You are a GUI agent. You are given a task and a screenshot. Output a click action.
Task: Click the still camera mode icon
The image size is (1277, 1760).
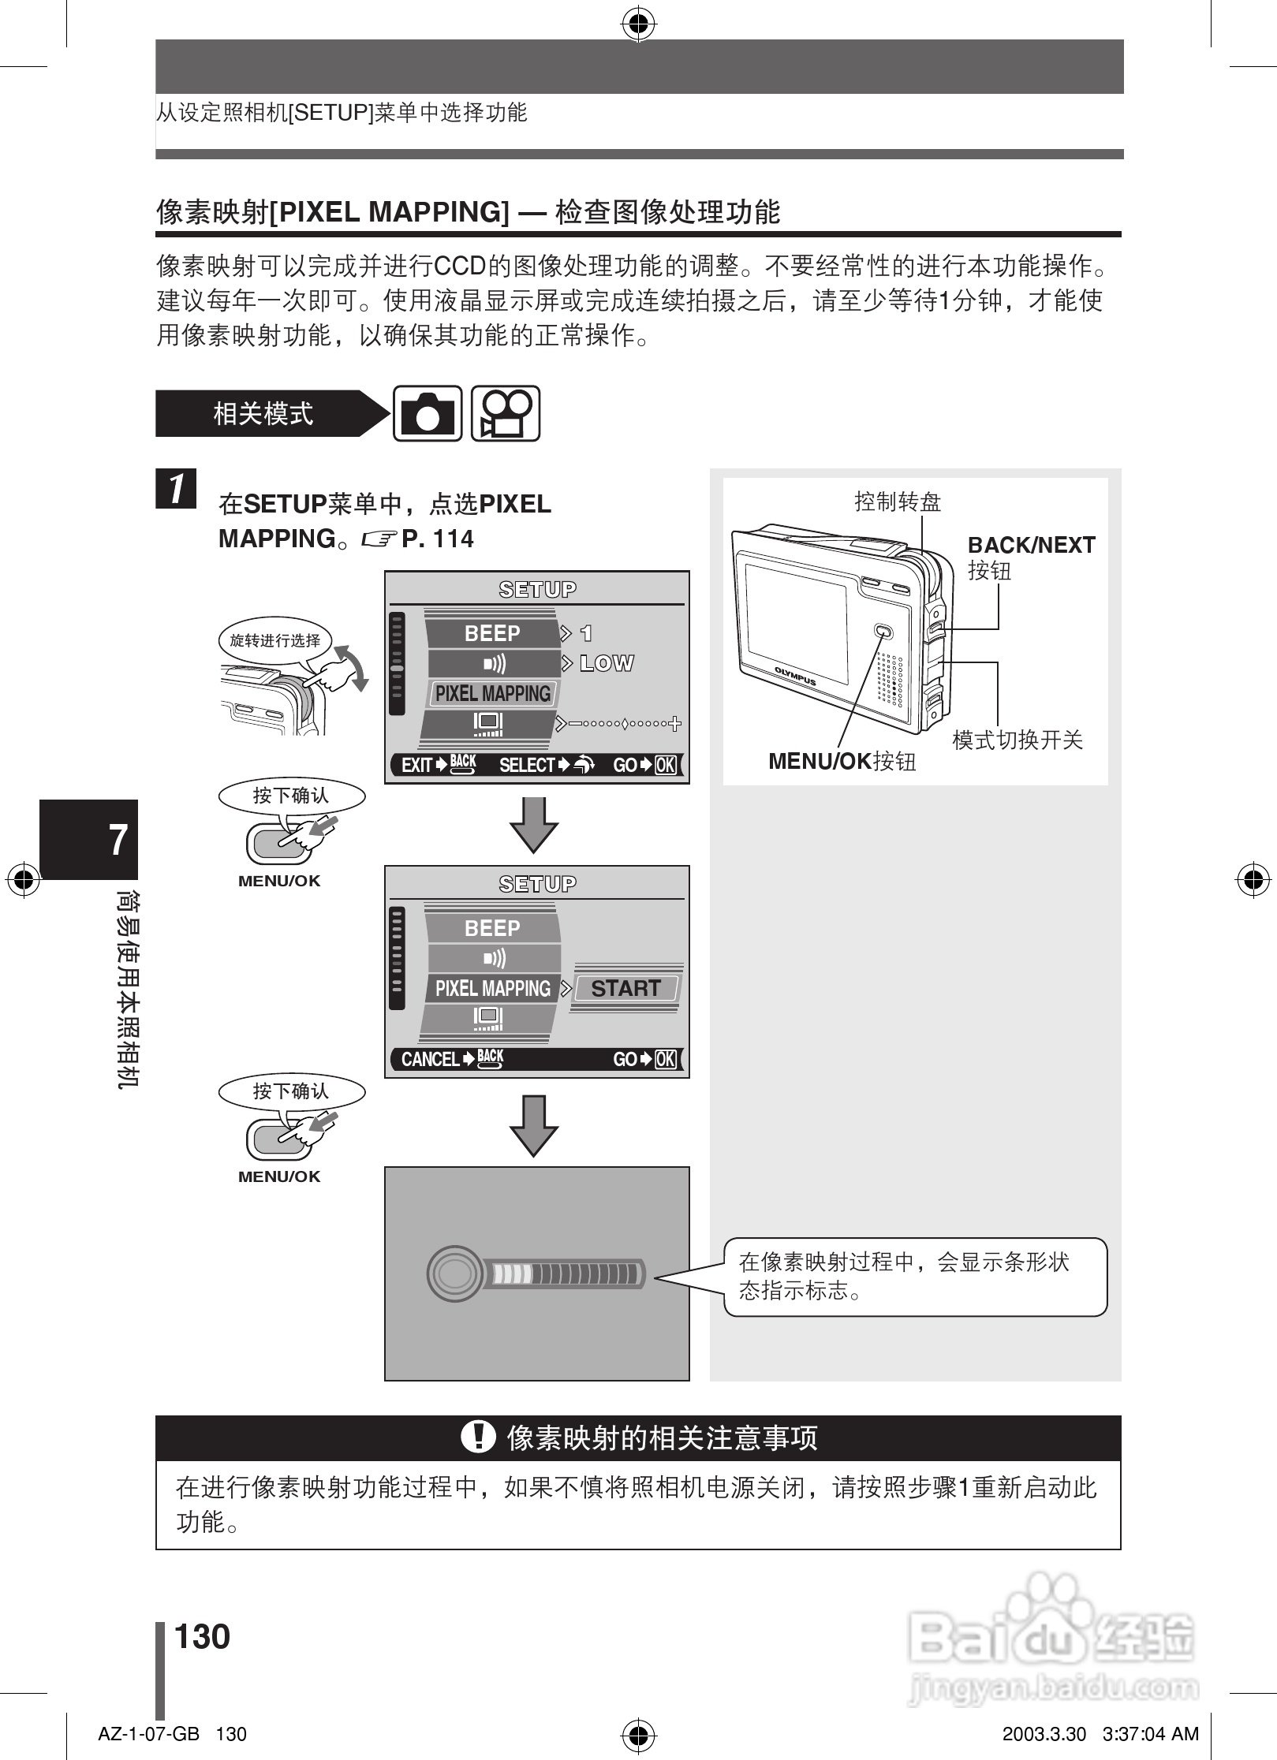[x=427, y=414]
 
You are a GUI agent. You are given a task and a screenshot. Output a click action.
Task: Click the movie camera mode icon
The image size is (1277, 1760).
[x=505, y=414]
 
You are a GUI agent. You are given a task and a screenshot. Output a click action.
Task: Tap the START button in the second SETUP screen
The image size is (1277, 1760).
[x=625, y=988]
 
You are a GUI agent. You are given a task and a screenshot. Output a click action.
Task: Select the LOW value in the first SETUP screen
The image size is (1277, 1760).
[x=606, y=663]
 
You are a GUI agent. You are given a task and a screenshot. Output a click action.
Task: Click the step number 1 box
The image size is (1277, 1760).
[x=176, y=488]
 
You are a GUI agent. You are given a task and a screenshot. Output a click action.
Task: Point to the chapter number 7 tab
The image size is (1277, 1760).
[x=118, y=840]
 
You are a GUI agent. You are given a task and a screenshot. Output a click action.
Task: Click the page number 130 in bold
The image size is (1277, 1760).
[x=202, y=1636]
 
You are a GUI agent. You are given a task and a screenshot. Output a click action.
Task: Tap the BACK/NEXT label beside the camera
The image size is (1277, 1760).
[x=1031, y=545]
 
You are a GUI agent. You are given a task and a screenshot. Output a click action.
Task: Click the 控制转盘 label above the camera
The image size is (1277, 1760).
[x=898, y=502]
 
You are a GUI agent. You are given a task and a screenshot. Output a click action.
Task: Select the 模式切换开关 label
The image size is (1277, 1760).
[x=1017, y=740]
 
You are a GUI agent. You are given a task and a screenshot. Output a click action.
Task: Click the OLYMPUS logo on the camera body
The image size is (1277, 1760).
[x=794, y=677]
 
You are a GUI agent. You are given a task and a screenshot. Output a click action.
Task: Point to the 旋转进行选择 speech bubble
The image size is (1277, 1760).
[x=274, y=640]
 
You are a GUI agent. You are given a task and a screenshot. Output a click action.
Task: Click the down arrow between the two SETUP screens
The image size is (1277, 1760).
[x=534, y=824]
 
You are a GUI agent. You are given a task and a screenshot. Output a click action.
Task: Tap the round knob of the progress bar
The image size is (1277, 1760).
[x=454, y=1273]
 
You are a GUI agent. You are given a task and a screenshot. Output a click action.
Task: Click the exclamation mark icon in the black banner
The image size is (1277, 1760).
[x=477, y=1437]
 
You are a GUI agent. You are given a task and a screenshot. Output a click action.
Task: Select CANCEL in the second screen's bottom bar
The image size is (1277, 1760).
[x=430, y=1059]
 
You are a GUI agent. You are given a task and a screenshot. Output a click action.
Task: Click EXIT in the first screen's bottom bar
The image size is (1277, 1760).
[x=416, y=765]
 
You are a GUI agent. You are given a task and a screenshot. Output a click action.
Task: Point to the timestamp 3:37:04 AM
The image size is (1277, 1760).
[x=1151, y=1734]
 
